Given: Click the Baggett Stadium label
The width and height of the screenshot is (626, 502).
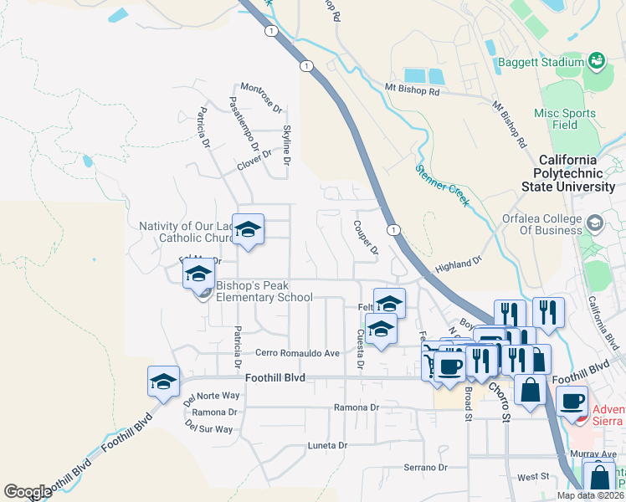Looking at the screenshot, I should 541,63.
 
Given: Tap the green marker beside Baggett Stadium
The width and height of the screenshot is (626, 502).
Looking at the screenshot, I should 596,60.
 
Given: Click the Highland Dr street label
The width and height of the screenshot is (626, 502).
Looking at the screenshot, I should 459,265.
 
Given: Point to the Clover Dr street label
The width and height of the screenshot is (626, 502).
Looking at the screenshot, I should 254,160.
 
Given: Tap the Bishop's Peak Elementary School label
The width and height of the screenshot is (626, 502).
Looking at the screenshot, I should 264,291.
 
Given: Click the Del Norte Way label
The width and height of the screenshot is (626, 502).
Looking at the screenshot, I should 212,397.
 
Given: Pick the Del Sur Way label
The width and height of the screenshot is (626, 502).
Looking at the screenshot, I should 208,428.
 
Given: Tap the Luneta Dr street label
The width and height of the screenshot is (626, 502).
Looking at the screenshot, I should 326,445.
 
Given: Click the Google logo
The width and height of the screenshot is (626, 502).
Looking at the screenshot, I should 27,491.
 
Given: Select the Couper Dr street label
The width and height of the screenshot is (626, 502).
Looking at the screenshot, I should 367,238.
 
